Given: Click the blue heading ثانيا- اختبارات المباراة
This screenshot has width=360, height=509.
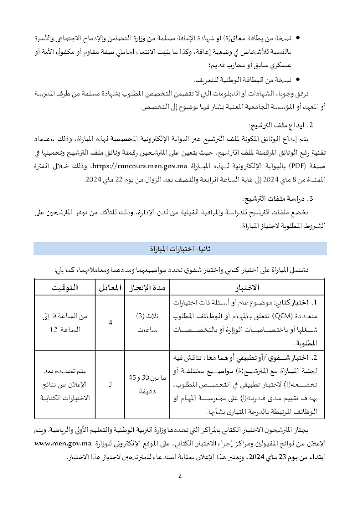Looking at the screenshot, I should click(180, 248).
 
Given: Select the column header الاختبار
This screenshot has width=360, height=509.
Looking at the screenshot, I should click(249, 287).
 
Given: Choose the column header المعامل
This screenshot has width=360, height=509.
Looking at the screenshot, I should click(110, 287).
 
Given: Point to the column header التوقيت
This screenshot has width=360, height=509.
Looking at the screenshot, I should click(63, 287).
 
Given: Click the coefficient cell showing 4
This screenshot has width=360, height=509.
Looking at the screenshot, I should click(110, 322).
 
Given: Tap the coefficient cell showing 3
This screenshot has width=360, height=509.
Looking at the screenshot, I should click(110, 384).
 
